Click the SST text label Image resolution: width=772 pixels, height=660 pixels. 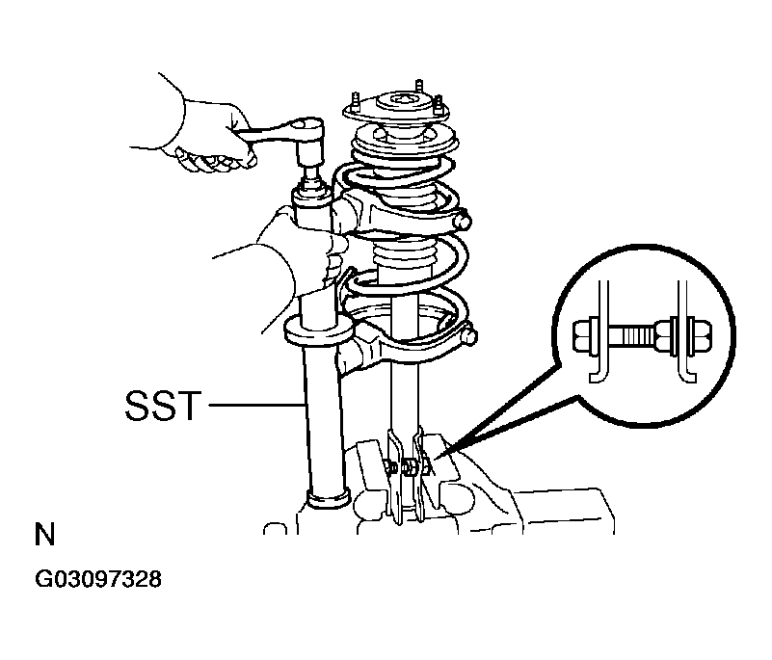164,406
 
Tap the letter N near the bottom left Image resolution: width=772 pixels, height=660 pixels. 44,534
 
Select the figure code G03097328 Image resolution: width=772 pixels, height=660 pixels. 98,579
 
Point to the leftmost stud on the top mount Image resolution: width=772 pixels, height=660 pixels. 355,103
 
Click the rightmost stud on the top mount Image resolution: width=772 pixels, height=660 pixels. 438,106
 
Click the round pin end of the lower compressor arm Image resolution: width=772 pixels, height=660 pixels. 470,337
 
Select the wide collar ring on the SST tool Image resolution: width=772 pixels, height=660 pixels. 319,330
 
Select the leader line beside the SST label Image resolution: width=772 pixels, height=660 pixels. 256,405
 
